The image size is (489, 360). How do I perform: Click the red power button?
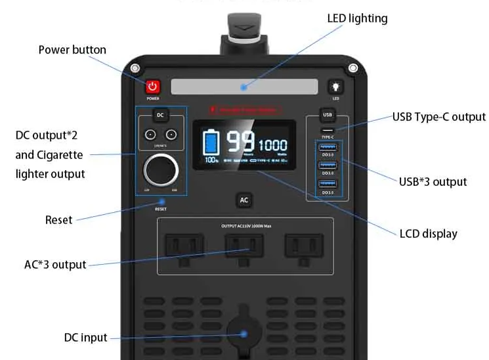click(x=153, y=87)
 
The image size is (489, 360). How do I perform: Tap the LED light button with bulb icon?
click(x=335, y=87)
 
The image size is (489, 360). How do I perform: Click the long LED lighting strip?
click(x=244, y=86)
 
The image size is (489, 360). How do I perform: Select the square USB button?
click(x=328, y=115)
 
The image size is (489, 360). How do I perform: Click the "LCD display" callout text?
click(x=428, y=233)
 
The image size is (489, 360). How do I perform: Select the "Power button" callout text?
click(x=72, y=50)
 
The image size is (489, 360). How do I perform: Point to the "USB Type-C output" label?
click(x=438, y=117)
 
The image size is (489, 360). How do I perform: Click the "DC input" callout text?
click(x=85, y=338)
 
